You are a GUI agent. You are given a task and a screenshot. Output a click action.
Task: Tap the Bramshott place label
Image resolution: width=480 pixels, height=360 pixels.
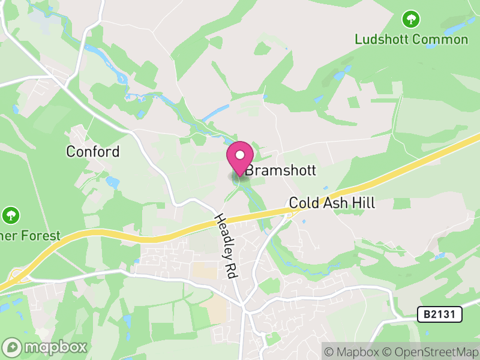pos(280,171)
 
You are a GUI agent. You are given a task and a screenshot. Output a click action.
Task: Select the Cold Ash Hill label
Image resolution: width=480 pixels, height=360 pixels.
pos(332,203)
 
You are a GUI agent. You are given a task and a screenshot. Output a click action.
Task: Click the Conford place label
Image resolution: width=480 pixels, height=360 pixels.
pos(93,151)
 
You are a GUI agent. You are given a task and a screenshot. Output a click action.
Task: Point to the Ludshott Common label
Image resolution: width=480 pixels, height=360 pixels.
pos(411,40)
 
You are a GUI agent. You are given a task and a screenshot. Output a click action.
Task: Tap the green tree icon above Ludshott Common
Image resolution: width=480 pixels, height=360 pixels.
pos(411,19)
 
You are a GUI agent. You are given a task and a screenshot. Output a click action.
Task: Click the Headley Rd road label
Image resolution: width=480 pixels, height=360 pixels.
pos(224,245)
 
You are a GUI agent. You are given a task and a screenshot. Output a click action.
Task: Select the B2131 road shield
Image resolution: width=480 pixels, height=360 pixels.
pos(432,313)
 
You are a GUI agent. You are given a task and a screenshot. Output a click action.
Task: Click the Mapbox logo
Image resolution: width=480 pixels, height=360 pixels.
pos(46,347)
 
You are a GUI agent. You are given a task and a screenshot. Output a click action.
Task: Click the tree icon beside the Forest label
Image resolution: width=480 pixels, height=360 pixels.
pos(10,215)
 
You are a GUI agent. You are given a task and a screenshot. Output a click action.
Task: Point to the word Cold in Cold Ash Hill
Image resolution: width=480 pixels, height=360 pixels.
pos(303,203)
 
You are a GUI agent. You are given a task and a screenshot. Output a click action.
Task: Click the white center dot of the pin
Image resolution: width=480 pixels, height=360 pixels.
pos(239,155)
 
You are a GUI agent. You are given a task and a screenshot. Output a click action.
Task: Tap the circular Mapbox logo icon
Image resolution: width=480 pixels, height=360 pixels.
pos(12,347)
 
